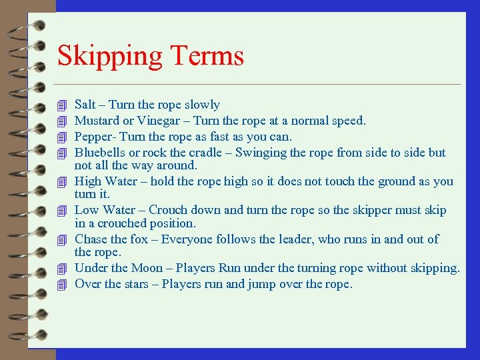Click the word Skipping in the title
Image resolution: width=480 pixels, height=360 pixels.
[x=106, y=57]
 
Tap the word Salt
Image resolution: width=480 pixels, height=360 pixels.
[x=85, y=105]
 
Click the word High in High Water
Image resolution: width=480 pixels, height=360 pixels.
[x=87, y=181]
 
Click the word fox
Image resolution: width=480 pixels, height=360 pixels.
[x=141, y=239]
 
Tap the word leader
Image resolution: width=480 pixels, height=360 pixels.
[x=303, y=239]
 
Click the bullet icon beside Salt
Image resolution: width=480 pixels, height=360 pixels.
[x=63, y=105]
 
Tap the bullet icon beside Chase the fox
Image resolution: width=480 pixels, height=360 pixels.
[x=63, y=239]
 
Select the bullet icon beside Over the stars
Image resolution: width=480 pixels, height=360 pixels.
[x=63, y=285]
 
